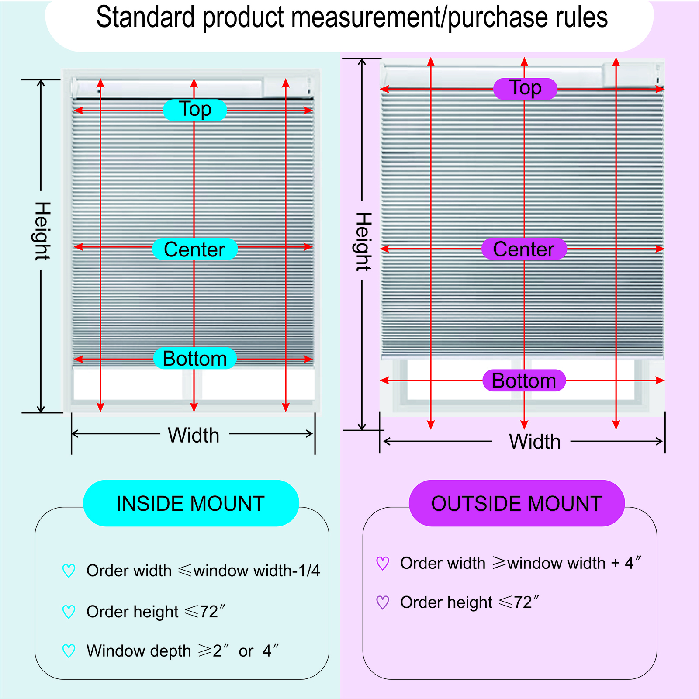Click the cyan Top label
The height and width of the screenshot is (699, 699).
point(195,110)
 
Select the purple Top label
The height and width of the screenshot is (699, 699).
point(525,89)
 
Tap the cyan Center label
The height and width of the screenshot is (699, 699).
point(195,249)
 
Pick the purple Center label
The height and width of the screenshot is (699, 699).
point(524,249)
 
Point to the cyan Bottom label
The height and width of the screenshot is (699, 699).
point(195,359)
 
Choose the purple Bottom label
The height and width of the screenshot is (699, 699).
point(524,381)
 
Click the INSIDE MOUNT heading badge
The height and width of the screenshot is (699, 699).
point(191,503)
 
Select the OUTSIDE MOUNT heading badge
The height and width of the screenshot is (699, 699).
point(517,503)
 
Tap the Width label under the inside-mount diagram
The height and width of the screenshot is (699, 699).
point(194,435)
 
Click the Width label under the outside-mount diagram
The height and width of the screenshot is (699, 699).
point(535,442)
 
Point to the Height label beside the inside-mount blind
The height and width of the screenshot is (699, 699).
point(42,231)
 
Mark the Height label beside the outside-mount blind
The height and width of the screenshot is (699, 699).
point(363,242)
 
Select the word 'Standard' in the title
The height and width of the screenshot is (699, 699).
point(145,17)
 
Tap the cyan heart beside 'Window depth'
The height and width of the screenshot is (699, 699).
point(69,651)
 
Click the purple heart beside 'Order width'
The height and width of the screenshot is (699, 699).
point(383,563)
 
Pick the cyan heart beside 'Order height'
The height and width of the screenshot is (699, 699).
point(69,612)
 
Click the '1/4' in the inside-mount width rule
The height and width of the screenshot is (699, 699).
point(309,571)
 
